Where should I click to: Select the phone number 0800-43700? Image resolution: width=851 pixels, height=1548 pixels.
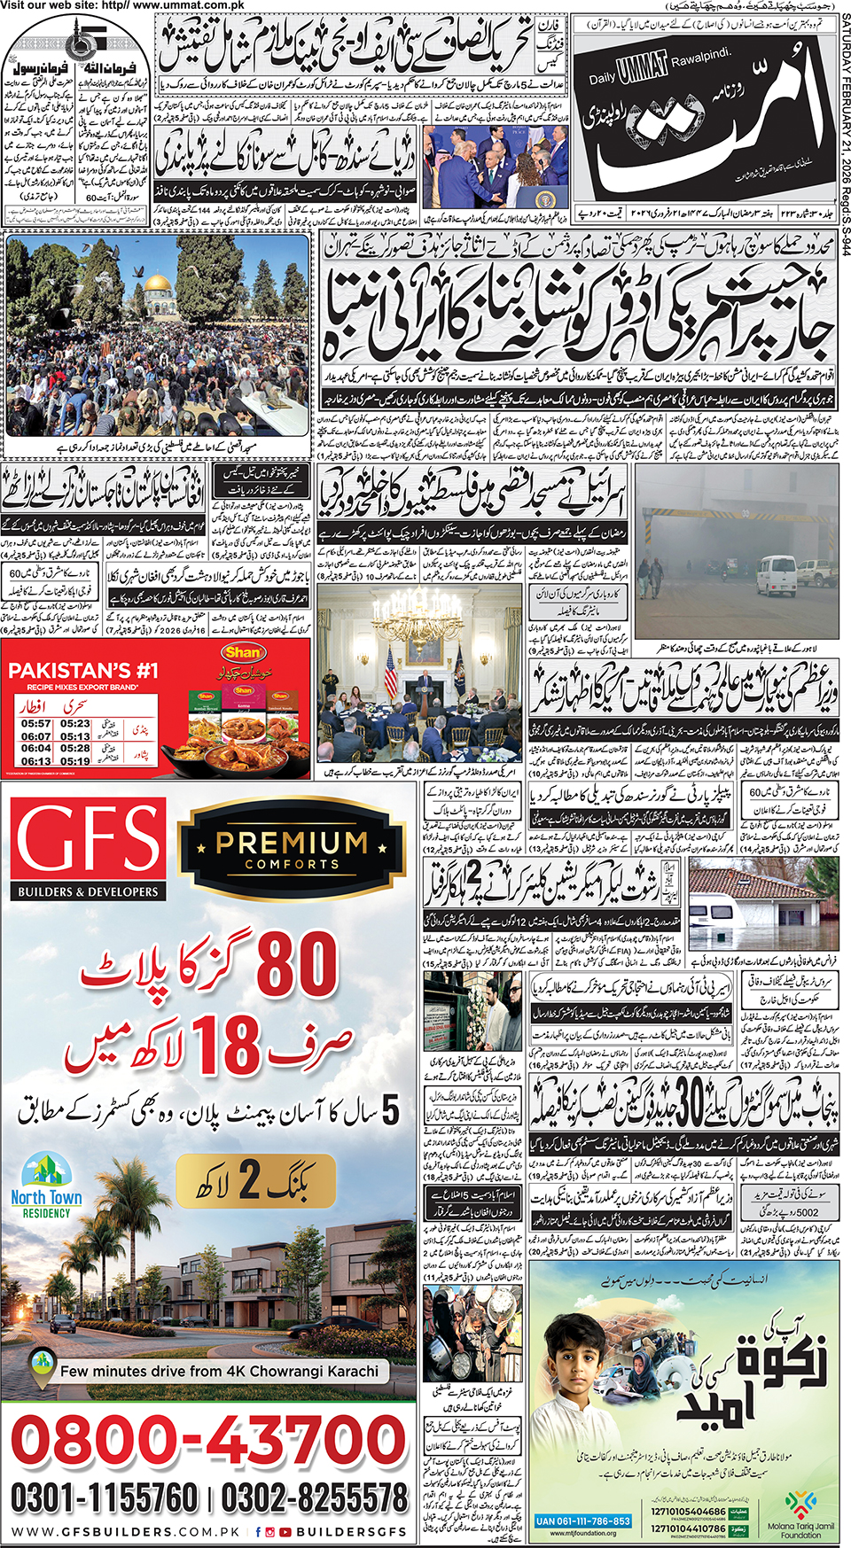(208, 1440)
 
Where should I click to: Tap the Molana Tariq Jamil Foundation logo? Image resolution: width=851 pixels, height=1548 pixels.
(800, 1510)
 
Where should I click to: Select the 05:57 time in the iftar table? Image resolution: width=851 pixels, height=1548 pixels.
(36, 724)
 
